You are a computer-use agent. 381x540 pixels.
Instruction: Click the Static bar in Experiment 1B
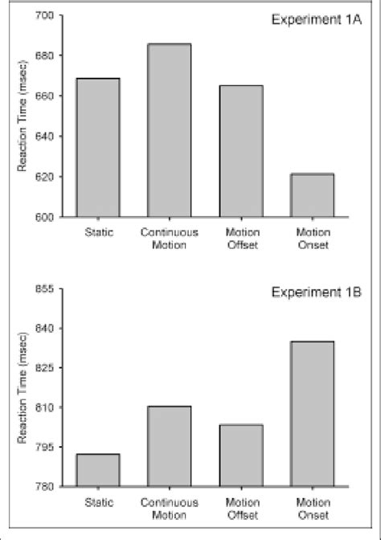coord(98,470)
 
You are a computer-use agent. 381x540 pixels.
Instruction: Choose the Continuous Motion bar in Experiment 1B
coord(169,446)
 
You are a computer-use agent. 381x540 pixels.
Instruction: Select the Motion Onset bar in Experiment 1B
coord(312,414)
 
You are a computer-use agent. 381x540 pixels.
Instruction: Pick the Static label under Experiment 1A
coord(98,234)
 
